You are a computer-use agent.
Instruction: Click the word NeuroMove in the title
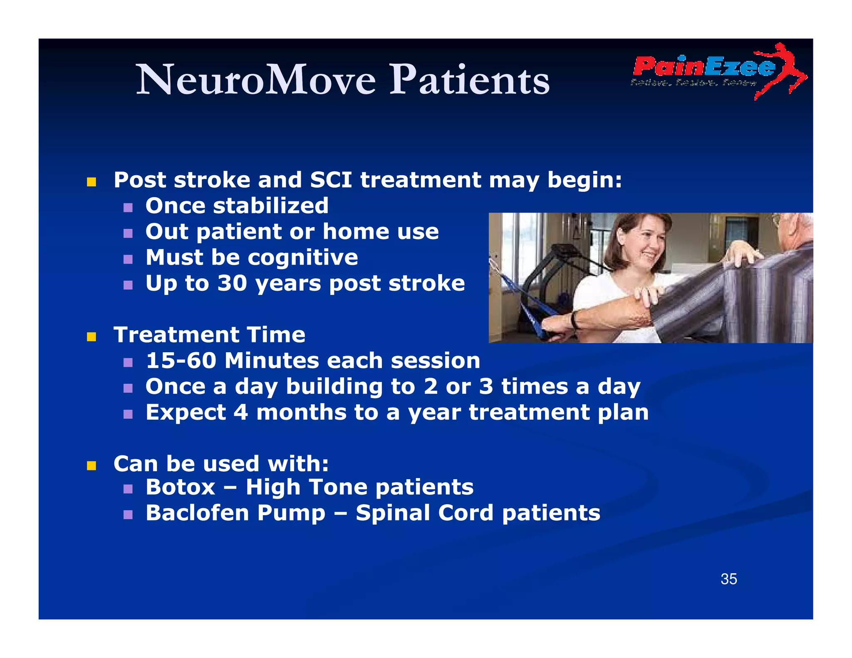pyautogui.click(x=256, y=80)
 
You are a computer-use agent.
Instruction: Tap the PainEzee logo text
pyautogui.click(x=703, y=67)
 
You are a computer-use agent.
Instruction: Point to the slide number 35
pyautogui.click(x=728, y=579)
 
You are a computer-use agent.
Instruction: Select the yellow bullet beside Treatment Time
pyautogui.click(x=92, y=336)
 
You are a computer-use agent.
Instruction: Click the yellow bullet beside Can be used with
pyautogui.click(x=92, y=465)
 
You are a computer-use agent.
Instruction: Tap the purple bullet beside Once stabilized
pyautogui.click(x=128, y=207)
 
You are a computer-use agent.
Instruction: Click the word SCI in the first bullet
pyautogui.click(x=331, y=180)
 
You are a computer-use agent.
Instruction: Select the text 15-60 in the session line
pyautogui.click(x=181, y=361)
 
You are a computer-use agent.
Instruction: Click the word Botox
pyautogui.click(x=181, y=487)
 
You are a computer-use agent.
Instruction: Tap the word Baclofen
pyautogui.click(x=197, y=513)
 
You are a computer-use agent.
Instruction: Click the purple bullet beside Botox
pyautogui.click(x=128, y=489)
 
